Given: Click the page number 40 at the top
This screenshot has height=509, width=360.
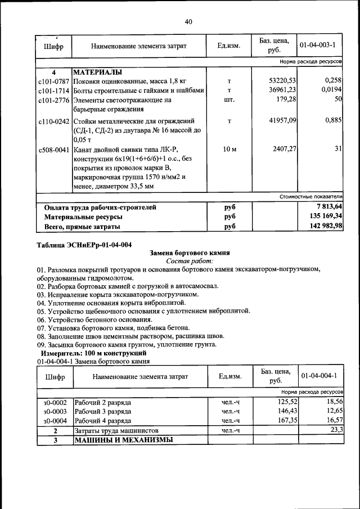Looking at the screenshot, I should (188, 22).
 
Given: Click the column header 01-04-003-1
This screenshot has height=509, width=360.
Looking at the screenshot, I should (318, 45).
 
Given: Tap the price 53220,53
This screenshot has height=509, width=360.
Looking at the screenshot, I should (282, 81).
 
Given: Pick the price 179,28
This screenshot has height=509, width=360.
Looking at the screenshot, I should (285, 100).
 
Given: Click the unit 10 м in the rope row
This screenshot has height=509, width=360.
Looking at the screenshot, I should (229, 150).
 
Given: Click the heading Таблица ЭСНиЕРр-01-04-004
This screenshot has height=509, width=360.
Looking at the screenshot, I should (84, 245).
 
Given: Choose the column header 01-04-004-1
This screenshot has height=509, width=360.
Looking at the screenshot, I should (318, 376).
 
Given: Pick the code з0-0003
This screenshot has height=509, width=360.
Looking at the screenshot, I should (55, 412).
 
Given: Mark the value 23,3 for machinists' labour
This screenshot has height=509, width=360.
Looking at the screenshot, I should (336, 430).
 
